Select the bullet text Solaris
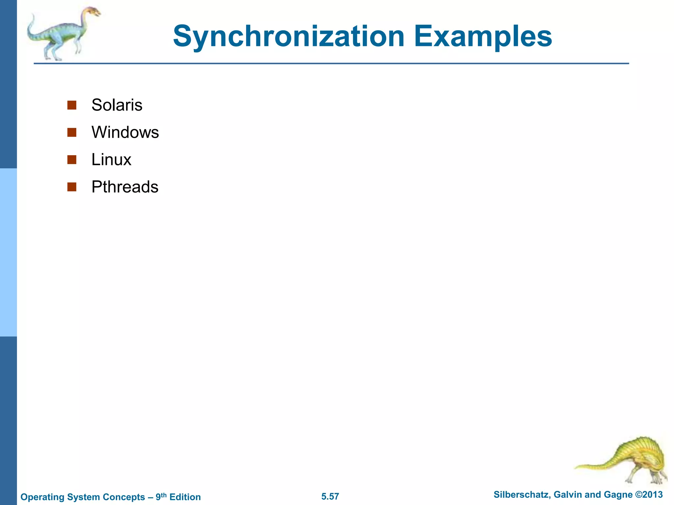pos(117,105)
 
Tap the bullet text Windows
pos(125,132)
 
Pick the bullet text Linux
pos(111,160)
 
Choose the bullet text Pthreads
pos(125,187)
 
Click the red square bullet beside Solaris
pos(72,105)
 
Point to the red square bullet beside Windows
pos(72,132)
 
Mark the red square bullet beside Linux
pos(72,160)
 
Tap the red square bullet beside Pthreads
pos(72,187)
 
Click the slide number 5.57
pos(330,496)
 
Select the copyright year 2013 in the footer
pos(652,495)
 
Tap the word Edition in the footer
pos(185,497)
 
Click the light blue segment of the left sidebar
pos(8,252)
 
